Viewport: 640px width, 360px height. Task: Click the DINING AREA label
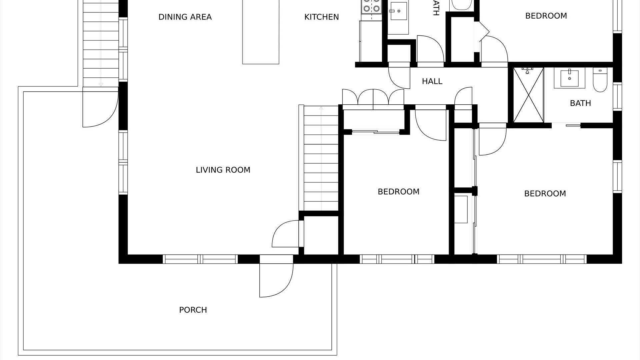click(185, 17)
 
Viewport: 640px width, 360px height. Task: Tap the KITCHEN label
click(321, 17)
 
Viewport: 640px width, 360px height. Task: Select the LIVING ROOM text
click(223, 170)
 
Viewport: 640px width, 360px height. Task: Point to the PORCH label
click(193, 310)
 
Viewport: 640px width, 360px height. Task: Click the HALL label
click(432, 81)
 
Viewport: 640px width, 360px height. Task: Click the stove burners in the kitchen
click(371, 6)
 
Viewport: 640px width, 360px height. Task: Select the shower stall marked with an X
click(529, 95)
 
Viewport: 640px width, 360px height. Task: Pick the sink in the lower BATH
click(569, 78)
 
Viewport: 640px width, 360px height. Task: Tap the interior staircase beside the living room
click(321, 158)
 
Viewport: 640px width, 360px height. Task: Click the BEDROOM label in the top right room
click(546, 16)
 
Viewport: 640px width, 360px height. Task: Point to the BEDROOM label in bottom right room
click(545, 194)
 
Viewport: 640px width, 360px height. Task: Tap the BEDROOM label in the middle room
click(398, 192)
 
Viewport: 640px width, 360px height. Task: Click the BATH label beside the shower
click(580, 103)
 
